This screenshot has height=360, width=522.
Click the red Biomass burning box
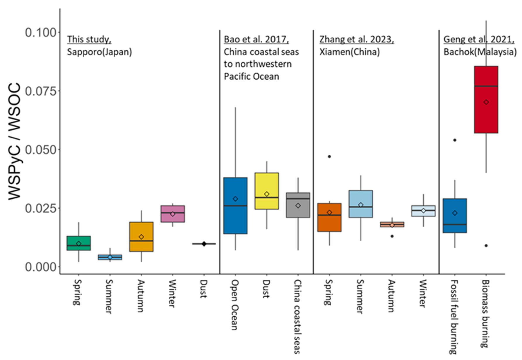point(486,100)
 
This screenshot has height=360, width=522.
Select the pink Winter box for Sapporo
point(172,214)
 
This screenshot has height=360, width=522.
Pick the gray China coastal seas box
point(298,205)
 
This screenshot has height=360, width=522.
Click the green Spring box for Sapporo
point(78,243)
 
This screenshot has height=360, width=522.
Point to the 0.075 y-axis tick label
point(40,91)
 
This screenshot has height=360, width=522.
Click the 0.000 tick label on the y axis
point(40,267)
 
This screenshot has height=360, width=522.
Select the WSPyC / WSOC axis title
point(15,141)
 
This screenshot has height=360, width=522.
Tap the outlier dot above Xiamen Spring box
point(329,156)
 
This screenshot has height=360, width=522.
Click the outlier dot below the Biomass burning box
point(486,245)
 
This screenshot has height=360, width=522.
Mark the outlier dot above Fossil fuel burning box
point(455,140)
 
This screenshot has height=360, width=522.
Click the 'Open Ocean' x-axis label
point(235,305)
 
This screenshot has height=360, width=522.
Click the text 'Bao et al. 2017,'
point(256,39)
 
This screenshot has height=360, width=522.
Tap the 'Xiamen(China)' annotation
point(349,52)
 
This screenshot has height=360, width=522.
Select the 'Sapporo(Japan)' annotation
point(99,52)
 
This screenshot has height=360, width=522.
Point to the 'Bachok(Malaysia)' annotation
point(480,52)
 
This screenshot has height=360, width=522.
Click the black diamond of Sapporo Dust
point(204,244)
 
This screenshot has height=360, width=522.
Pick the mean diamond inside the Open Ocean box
point(235,199)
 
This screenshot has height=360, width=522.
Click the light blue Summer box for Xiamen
point(360,204)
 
